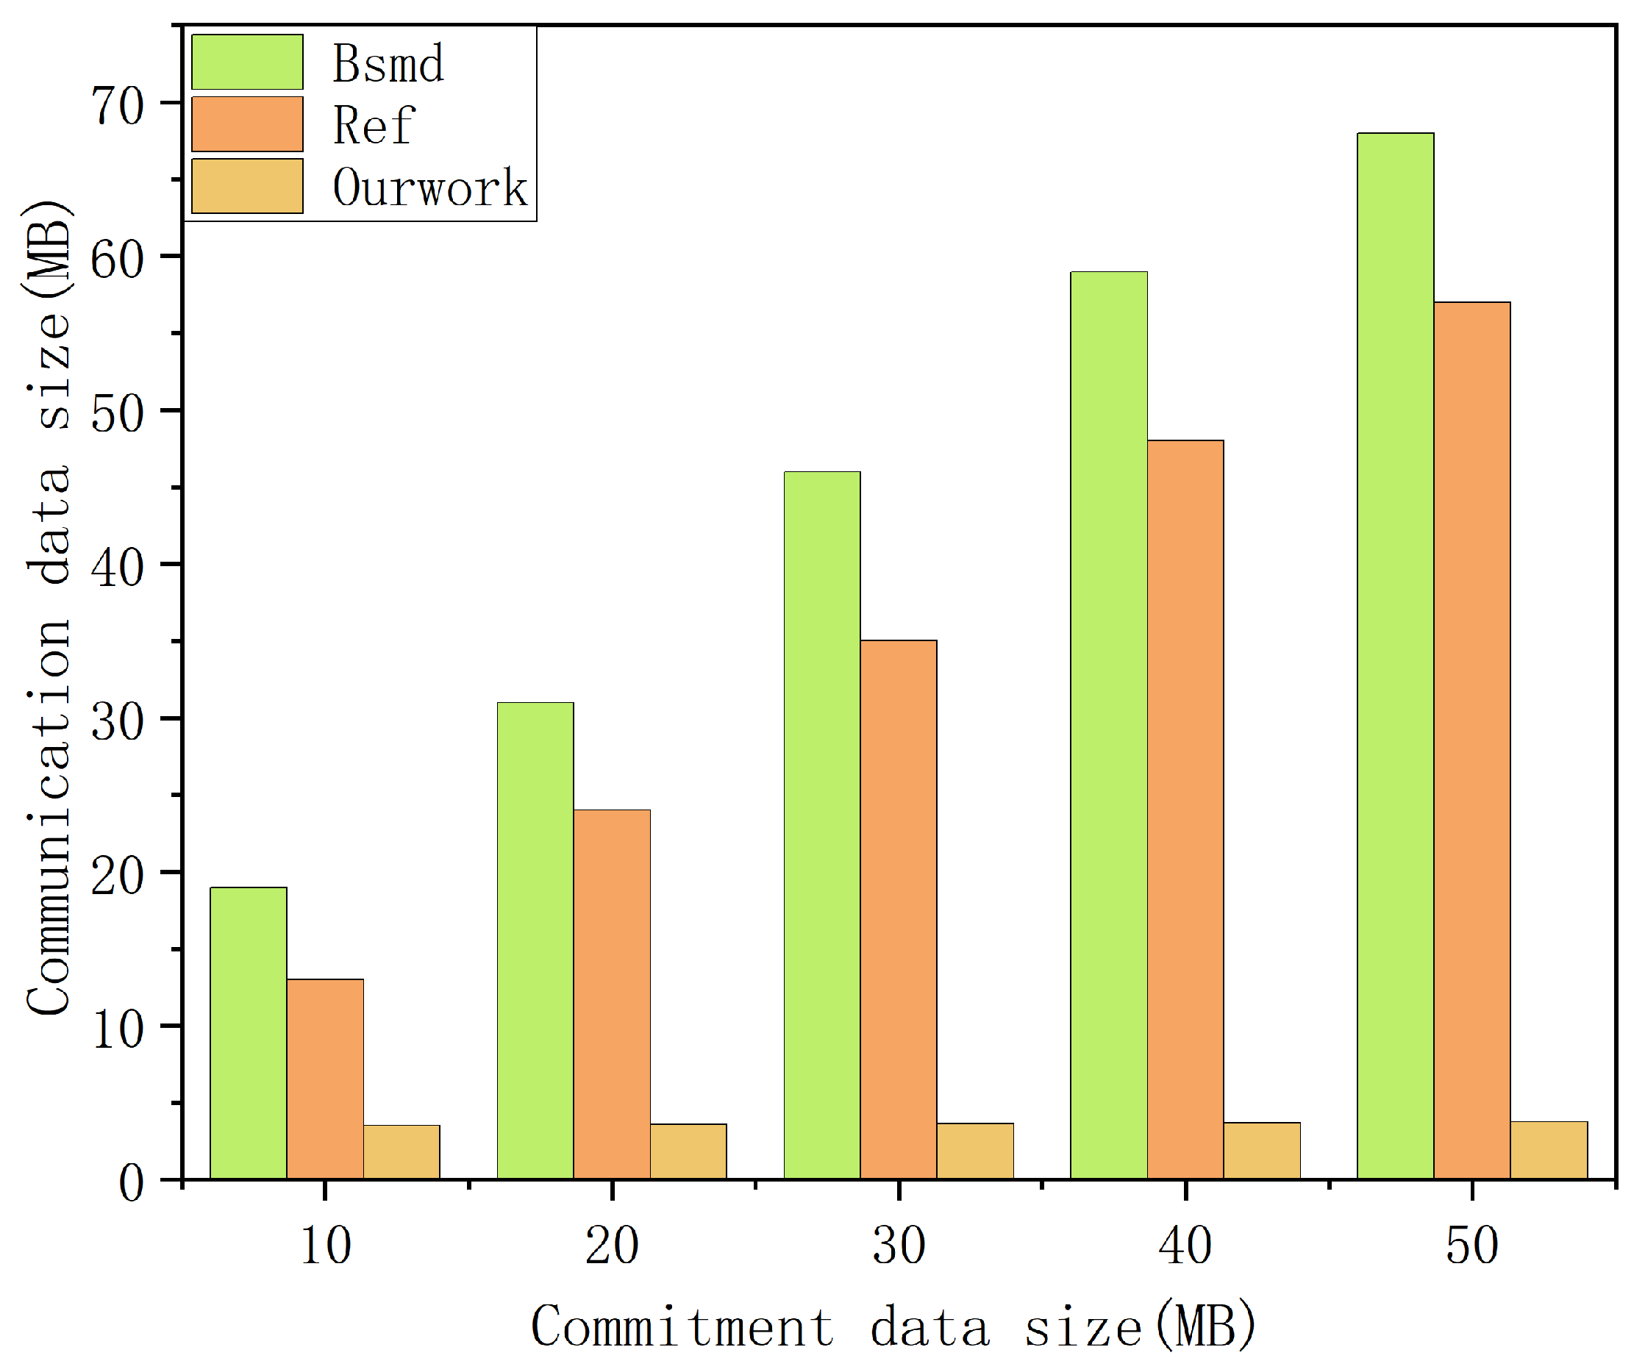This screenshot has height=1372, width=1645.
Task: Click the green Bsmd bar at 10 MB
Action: [x=249, y=1033]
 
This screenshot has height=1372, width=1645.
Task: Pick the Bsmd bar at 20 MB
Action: [x=535, y=940]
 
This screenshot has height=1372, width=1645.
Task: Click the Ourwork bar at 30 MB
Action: [x=975, y=1151]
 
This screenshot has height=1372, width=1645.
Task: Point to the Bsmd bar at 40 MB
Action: [x=1108, y=725]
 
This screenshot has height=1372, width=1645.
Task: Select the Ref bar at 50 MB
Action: [x=1472, y=740]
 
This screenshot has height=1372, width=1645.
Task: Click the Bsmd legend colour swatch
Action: [x=247, y=62]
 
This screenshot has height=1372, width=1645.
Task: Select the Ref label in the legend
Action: [x=373, y=124]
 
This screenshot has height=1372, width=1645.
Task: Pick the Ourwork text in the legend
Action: [x=430, y=187]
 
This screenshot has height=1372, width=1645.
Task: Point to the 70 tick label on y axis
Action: [x=118, y=105]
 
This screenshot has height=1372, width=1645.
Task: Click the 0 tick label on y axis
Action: [x=131, y=1182]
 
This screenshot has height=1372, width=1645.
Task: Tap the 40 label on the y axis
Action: [x=118, y=567]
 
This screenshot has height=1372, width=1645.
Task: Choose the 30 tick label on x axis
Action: [x=899, y=1247]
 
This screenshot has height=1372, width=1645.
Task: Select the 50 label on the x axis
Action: [x=1472, y=1247]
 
